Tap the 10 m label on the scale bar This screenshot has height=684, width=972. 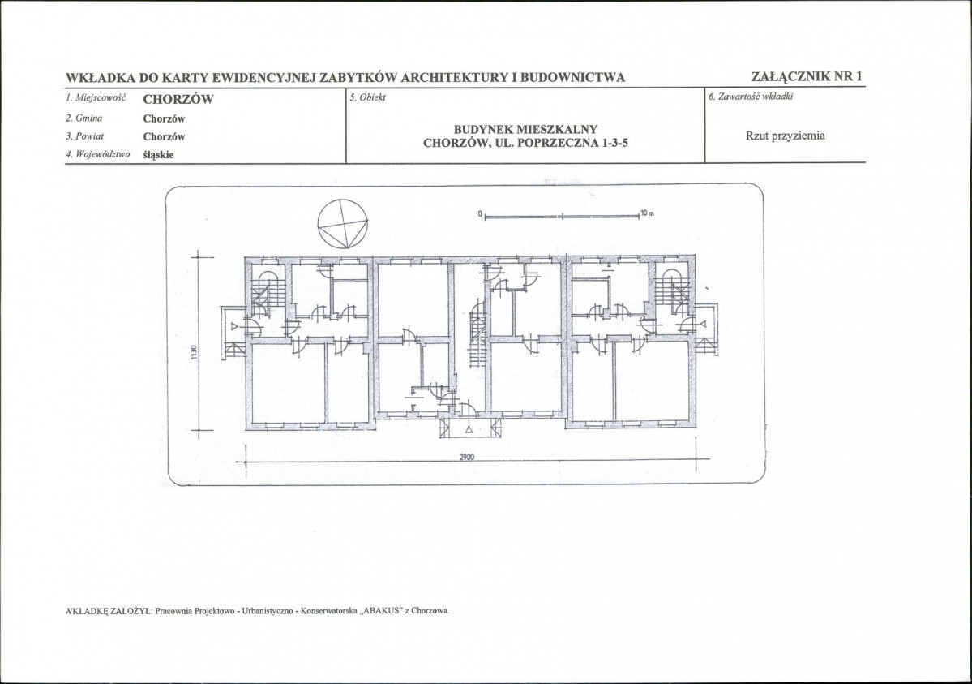pyautogui.click(x=647, y=213)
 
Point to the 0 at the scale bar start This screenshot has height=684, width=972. pyautogui.click(x=480, y=214)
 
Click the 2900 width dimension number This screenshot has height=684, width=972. pyautogui.click(x=467, y=457)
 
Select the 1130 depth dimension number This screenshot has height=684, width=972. pyautogui.click(x=194, y=353)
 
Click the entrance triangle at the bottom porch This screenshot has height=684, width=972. pyautogui.click(x=469, y=429)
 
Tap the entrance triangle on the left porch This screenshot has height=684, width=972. pyautogui.click(x=234, y=325)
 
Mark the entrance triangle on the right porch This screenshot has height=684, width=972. pyautogui.click(x=703, y=324)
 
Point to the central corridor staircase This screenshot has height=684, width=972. pyautogui.click(x=477, y=334)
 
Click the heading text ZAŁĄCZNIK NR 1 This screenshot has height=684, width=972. pyautogui.click(x=807, y=76)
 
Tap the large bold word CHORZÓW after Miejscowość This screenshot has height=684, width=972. pyautogui.click(x=178, y=99)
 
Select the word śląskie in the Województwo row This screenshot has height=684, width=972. pyautogui.click(x=158, y=154)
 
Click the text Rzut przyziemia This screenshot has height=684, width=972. pyautogui.click(x=785, y=136)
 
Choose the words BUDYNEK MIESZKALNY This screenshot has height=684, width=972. pyautogui.click(x=525, y=129)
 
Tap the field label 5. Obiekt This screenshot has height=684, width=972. pyautogui.click(x=367, y=97)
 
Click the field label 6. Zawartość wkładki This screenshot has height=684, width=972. pyautogui.click(x=751, y=97)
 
